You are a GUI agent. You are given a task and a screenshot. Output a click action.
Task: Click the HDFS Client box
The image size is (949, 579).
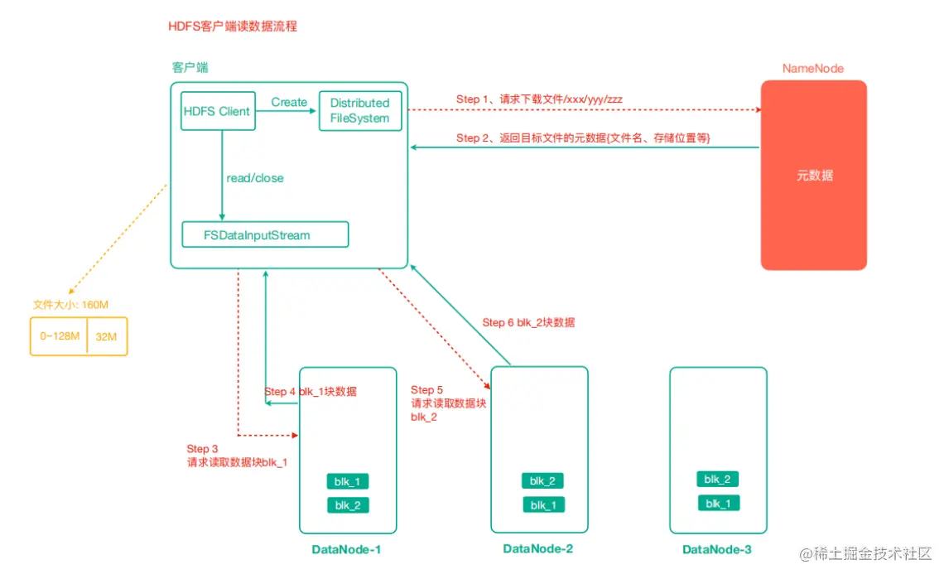218,111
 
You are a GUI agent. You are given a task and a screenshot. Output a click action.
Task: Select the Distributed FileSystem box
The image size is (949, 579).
359,111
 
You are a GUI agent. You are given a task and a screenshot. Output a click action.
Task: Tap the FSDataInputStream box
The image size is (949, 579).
265,235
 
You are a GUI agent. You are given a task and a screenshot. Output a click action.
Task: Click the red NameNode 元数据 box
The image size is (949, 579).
813,176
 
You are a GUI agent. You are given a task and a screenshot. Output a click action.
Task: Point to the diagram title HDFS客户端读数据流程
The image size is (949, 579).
232,27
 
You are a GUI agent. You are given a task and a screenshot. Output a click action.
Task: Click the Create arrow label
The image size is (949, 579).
289,102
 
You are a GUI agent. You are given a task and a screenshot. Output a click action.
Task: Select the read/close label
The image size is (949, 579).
255,178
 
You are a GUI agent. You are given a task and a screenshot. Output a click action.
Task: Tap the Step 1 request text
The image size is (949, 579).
539,99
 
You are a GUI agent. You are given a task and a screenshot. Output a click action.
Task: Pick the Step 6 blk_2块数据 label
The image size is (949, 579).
528,322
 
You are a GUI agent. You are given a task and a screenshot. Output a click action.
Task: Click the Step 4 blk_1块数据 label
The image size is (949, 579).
311,391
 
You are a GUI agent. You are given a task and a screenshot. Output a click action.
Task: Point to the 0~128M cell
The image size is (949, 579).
60,336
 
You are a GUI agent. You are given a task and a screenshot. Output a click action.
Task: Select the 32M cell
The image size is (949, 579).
106,336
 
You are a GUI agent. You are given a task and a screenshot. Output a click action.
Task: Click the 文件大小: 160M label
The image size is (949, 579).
70,305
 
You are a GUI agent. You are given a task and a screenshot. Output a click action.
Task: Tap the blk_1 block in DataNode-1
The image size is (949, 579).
348,481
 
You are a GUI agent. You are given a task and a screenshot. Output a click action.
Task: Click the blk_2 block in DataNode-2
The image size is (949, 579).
543,480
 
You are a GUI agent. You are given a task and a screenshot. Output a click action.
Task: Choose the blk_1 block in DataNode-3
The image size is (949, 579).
718,503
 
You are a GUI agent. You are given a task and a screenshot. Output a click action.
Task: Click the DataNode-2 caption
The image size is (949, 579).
537,548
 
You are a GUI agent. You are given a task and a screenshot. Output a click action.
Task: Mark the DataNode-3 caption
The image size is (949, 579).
717,549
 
